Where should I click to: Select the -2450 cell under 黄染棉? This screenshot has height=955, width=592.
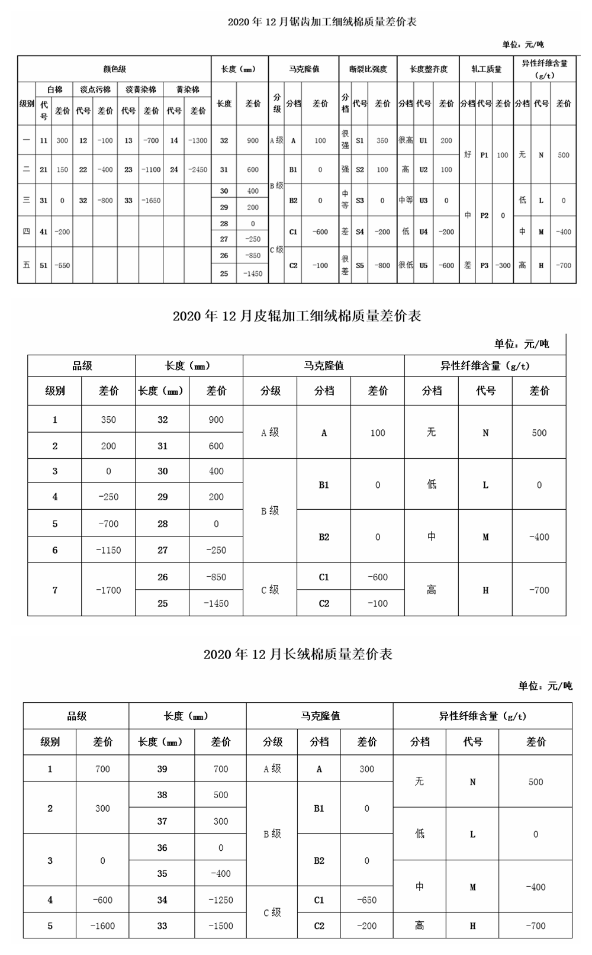(198, 170)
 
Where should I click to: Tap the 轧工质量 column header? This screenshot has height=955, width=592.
(486, 69)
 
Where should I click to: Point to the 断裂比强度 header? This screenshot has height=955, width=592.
(368, 69)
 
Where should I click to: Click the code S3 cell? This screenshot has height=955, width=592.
(360, 201)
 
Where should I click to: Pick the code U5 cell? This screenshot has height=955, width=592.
(423, 266)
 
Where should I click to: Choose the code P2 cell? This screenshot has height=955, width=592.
(484, 216)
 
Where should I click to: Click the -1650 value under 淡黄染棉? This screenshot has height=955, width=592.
(151, 201)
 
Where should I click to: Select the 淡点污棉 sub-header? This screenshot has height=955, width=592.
(95, 89)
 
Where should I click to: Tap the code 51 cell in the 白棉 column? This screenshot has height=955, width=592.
(44, 266)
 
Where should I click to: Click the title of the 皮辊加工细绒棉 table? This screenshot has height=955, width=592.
(297, 316)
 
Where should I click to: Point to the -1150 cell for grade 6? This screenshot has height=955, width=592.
(108, 551)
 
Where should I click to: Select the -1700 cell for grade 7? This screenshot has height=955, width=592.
(108, 590)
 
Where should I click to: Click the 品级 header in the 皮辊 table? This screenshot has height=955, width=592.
(82, 366)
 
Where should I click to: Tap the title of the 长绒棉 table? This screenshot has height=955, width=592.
(298, 654)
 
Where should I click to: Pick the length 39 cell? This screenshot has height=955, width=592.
(162, 769)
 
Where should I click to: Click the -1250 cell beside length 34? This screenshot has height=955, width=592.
(221, 900)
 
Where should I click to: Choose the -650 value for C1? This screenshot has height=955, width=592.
(367, 900)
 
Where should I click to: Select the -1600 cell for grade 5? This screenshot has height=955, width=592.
(102, 926)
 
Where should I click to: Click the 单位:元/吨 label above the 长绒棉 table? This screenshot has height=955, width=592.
(545, 686)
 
